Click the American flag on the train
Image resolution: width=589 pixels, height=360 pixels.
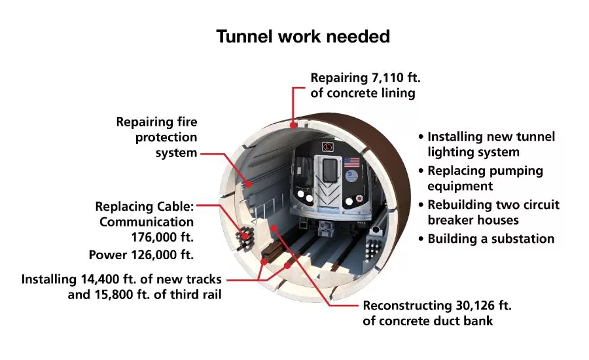(x=351, y=162)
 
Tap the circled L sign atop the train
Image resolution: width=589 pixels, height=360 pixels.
(x=328, y=147)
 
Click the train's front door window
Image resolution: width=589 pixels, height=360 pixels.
(x=330, y=171)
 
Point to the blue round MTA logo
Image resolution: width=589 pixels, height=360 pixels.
(x=351, y=175)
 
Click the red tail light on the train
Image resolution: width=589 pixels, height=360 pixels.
(x=359, y=198)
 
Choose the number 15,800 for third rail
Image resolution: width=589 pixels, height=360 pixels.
(x=114, y=295)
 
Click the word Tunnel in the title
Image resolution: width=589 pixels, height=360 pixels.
(x=244, y=37)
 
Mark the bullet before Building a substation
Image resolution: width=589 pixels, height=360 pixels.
(x=421, y=239)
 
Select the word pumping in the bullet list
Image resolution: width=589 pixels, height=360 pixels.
(x=519, y=171)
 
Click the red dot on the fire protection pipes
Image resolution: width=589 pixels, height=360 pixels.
(x=249, y=184)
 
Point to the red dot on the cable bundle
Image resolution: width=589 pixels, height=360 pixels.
(x=245, y=236)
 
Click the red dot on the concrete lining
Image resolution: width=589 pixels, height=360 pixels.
(x=293, y=125)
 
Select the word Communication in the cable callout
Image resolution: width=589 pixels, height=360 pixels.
(x=147, y=222)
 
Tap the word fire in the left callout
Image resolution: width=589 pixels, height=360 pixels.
(x=187, y=122)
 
